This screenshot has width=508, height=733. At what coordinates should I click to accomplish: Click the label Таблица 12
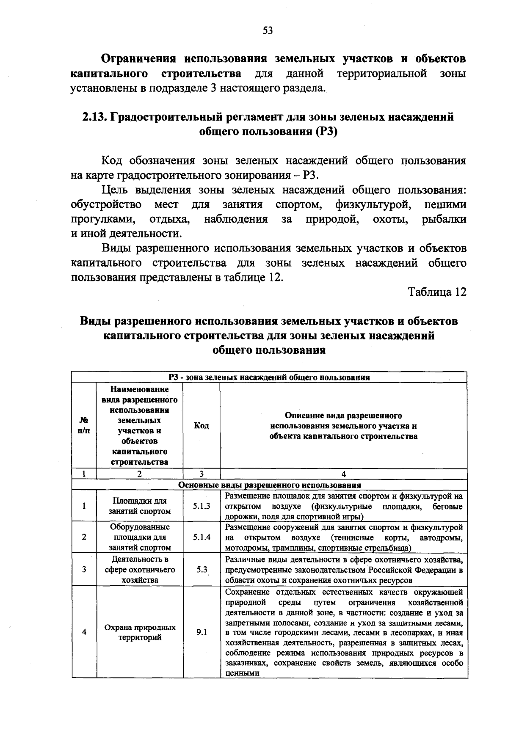437,292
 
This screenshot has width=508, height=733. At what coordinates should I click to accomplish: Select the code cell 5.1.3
202,506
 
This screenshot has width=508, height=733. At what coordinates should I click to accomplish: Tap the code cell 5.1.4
202,537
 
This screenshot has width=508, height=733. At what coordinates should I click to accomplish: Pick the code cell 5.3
202,569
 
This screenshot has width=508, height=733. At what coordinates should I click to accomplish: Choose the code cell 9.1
202,632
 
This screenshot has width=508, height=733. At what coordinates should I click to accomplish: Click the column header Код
202,426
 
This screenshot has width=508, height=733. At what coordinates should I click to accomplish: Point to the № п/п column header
84,426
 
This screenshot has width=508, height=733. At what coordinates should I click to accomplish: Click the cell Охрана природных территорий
140,632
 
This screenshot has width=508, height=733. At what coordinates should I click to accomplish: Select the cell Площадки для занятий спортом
140,506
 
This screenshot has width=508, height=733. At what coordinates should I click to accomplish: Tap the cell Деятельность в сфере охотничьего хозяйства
140,569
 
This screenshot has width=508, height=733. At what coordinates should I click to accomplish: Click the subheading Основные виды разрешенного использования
270,485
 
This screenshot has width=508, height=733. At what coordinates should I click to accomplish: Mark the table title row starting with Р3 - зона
269,377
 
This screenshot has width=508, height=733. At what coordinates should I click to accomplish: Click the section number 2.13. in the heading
94,117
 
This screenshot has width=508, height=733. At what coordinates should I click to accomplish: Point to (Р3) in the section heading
326,132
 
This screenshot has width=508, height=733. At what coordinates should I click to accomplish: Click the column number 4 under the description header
343,474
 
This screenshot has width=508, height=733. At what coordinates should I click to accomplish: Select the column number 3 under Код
202,474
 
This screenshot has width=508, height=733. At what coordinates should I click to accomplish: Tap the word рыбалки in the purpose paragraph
444,219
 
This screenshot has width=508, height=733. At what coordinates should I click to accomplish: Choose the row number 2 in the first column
84,537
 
